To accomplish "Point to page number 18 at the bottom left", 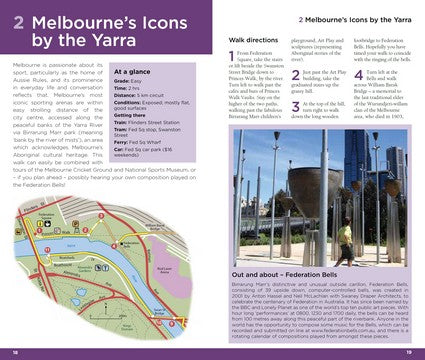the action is (x=16, y=352).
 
